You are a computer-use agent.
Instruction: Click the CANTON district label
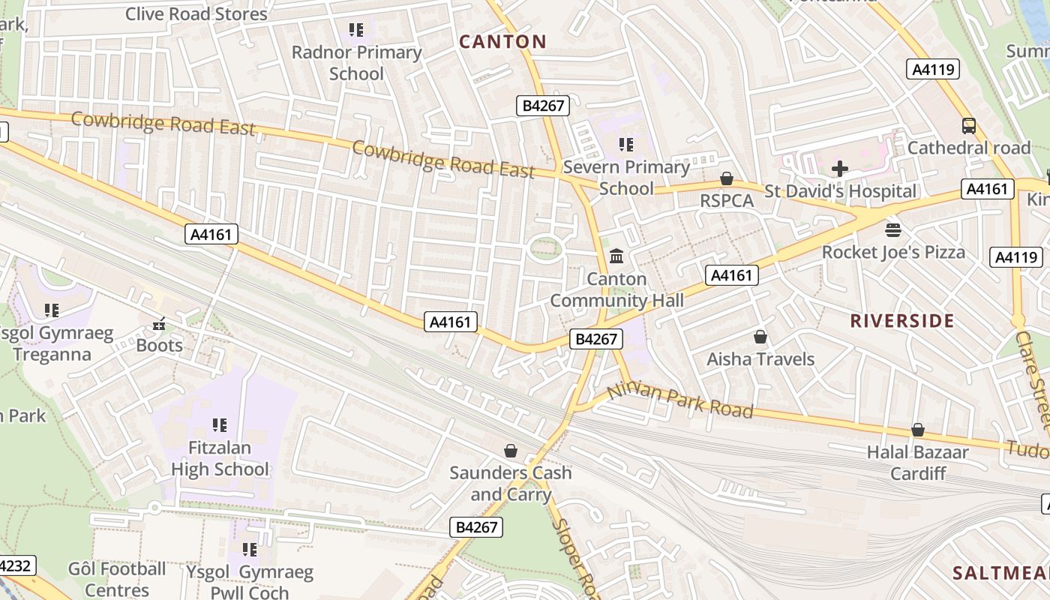click(502, 42)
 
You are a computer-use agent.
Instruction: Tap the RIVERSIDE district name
click(901, 321)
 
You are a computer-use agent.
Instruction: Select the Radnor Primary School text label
click(356, 63)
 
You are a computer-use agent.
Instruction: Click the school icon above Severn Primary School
click(625, 144)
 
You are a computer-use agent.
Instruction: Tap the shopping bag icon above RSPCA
click(726, 178)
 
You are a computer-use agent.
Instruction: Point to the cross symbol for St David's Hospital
click(840, 169)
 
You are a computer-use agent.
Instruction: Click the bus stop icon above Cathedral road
click(968, 126)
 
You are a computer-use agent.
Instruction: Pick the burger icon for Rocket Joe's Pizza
click(892, 229)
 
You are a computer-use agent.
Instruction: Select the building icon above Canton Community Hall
click(616, 256)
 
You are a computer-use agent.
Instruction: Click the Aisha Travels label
click(760, 359)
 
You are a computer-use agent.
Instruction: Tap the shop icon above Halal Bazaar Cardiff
click(917, 430)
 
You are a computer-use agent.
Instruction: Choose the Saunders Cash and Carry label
click(510, 484)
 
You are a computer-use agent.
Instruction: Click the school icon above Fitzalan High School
click(219, 425)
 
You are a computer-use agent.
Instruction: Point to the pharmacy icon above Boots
click(159, 324)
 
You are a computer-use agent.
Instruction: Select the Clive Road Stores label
click(196, 13)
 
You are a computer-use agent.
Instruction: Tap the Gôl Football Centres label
click(117, 579)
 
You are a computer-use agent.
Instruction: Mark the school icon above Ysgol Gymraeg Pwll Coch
click(250, 550)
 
